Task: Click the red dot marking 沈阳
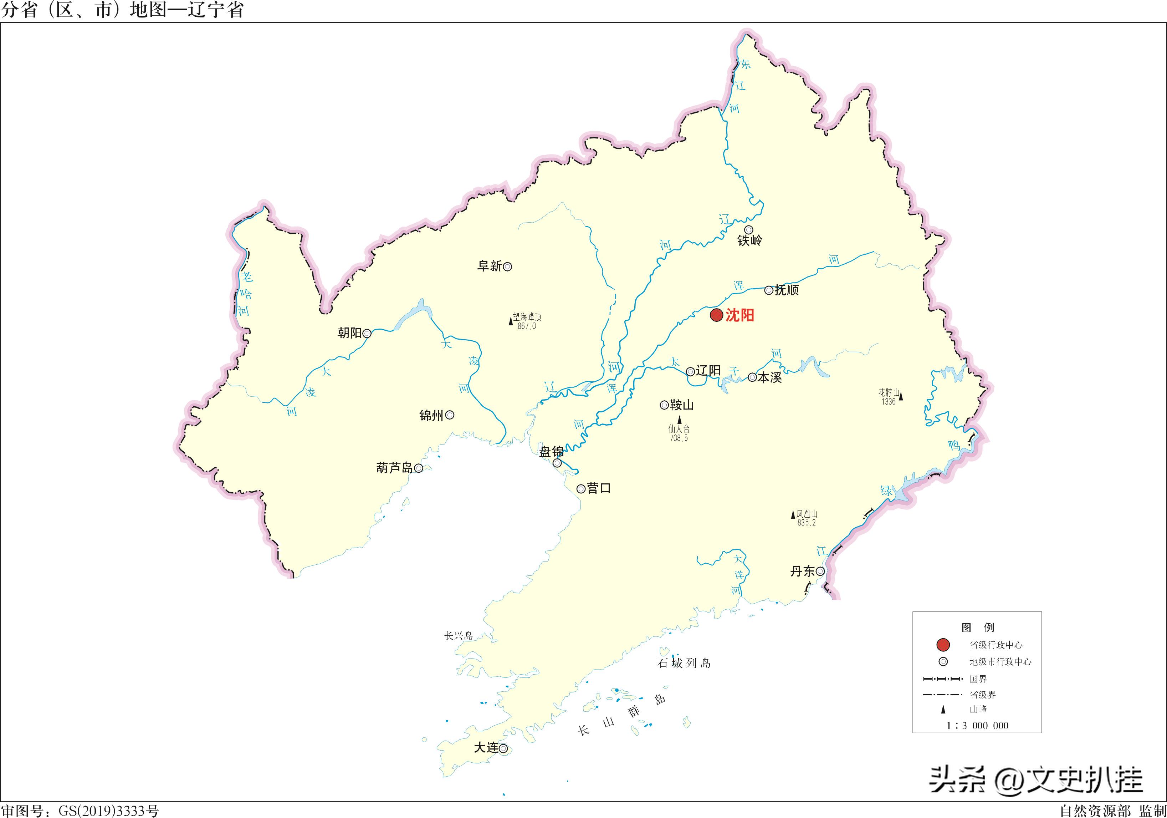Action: point(716,315)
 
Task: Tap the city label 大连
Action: point(486,748)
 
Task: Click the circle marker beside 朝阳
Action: point(367,334)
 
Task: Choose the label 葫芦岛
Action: point(394,468)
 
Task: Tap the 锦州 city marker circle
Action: point(450,415)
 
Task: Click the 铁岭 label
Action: point(750,240)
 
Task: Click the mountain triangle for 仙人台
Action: point(680,420)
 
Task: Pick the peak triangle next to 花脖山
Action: point(901,396)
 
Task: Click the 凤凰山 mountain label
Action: point(807,514)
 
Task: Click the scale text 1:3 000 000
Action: point(977,726)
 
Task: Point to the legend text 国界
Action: point(978,679)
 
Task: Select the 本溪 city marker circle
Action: point(752,377)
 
